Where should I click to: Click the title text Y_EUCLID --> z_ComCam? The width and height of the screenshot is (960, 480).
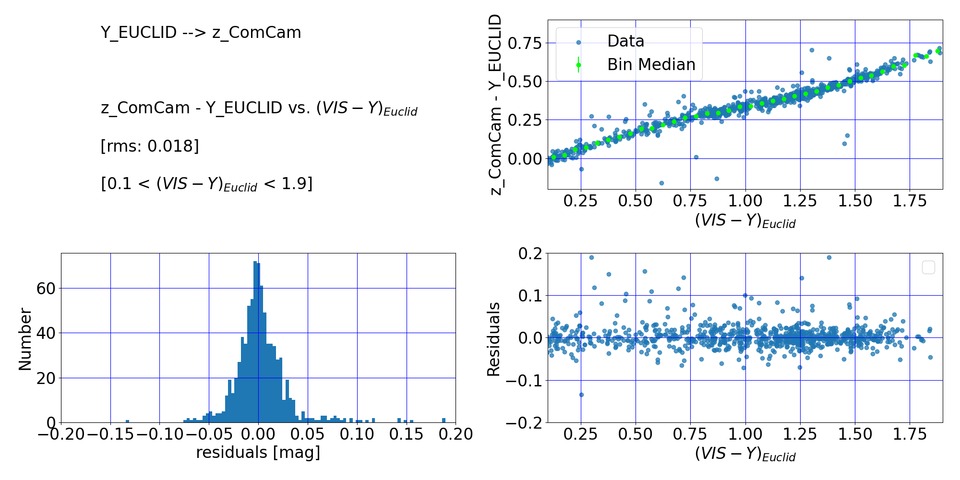click(201, 33)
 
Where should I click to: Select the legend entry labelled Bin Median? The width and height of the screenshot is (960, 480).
click(651, 64)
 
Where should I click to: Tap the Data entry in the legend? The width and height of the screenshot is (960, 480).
click(625, 41)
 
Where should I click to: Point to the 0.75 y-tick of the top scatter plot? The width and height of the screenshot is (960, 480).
click(524, 43)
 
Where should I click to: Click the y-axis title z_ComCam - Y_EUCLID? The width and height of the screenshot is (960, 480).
click(496, 105)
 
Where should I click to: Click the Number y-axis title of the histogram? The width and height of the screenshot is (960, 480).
click(25, 339)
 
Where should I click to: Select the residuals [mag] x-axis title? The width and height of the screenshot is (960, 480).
click(258, 452)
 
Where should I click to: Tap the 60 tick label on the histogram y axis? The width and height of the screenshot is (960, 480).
click(46, 288)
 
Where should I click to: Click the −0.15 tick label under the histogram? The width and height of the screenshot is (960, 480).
click(110, 434)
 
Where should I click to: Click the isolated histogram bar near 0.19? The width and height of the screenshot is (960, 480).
click(444, 420)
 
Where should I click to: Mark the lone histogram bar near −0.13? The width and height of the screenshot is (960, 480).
click(127, 421)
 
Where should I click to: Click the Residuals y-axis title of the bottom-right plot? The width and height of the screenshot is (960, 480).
click(493, 339)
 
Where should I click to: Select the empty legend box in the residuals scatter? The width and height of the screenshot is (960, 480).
click(928, 267)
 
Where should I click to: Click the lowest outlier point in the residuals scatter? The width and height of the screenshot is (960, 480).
click(581, 395)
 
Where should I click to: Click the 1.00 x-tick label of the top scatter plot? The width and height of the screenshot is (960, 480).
click(745, 201)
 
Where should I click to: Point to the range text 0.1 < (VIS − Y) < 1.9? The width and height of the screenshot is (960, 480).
click(206, 184)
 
